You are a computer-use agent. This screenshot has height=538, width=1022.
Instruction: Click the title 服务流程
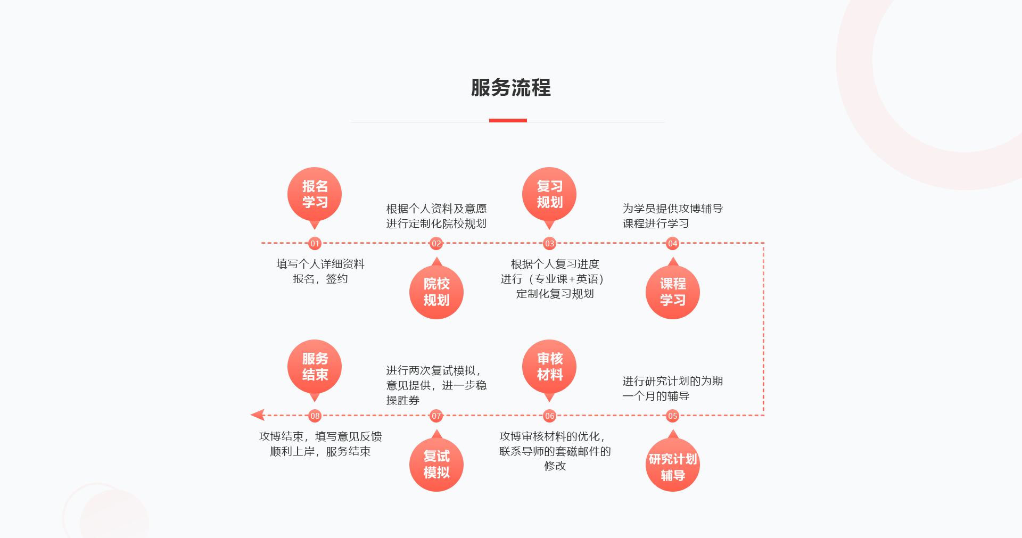tap(510, 88)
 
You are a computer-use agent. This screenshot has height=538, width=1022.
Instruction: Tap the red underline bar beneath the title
tap(508, 120)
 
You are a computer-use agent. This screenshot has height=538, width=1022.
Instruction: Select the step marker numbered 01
tap(315, 244)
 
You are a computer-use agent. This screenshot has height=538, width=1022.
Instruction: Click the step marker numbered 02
tap(436, 244)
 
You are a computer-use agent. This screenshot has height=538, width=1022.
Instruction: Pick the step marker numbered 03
tap(549, 244)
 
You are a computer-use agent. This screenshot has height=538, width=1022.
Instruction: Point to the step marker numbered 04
tap(672, 244)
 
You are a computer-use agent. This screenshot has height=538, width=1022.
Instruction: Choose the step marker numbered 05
tap(672, 416)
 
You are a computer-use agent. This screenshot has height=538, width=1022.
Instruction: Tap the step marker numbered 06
tap(549, 416)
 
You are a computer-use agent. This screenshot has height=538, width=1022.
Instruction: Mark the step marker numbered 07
tap(436, 416)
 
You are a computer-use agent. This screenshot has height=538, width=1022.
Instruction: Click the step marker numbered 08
tap(315, 416)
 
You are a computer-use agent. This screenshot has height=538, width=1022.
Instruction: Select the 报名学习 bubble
tap(315, 194)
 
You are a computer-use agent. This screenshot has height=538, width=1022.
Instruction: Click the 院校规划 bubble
tap(436, 292)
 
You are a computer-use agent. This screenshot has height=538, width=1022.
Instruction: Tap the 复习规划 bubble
tap(549, 194)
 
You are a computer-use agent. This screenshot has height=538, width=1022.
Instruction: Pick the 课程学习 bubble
tap(672, 292)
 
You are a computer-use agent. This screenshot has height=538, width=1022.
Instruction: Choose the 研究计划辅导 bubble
tap(672, 465)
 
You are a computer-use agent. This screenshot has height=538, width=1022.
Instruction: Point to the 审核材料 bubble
tap(549, 367)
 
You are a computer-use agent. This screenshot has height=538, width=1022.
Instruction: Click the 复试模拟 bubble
tap(436, 465)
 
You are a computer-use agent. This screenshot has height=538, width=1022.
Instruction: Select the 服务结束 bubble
tap(315, 367)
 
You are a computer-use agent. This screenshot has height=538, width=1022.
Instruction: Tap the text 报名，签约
tap(320, 279)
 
